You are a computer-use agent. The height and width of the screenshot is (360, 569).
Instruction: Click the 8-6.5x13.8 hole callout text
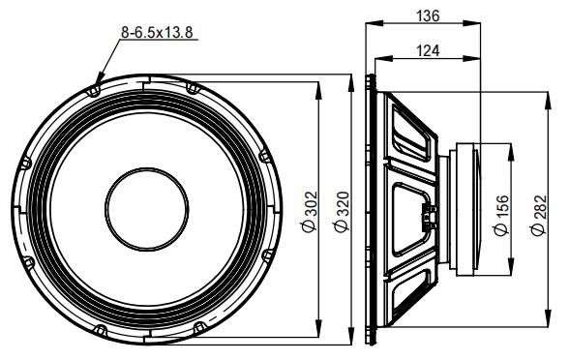[x=157, y=32]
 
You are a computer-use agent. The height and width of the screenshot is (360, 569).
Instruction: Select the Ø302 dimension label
[x=310, y=210]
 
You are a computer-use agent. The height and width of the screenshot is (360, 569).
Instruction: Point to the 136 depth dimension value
[x=423, y=15]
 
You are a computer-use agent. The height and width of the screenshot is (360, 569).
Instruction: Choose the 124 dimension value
[x=423, y=50]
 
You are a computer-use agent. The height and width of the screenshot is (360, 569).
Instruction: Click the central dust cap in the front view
[x=146, y=209]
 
